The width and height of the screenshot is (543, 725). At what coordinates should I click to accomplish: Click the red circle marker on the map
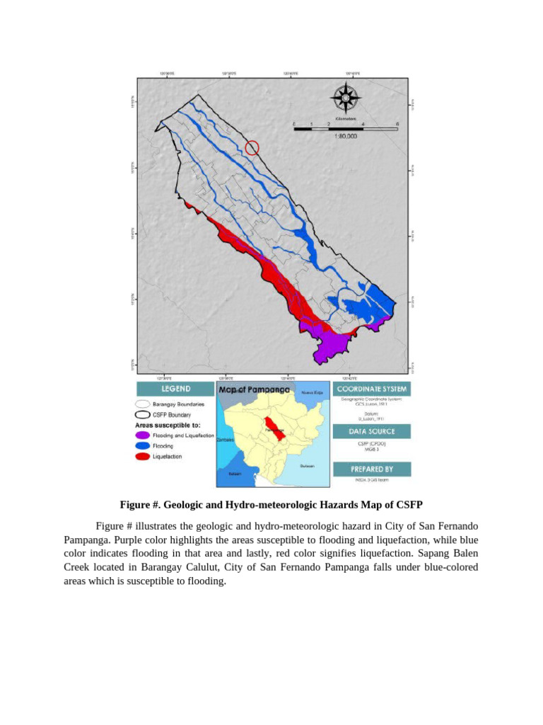click(x=252, y=147)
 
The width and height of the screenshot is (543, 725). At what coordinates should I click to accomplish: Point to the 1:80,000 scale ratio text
click(x=345, y=137)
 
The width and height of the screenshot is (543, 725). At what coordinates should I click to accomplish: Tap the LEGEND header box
click(x=175, y=389)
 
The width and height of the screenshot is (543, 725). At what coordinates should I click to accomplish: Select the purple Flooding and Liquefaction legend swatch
click(x=142, y=435)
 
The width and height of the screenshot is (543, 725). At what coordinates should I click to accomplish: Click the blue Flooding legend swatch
click(x=142, y=446)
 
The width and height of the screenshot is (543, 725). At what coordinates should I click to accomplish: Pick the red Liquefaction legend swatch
click(x=142, y=457)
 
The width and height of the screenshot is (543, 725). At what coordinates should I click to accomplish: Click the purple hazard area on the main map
click(x=325, y=346)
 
